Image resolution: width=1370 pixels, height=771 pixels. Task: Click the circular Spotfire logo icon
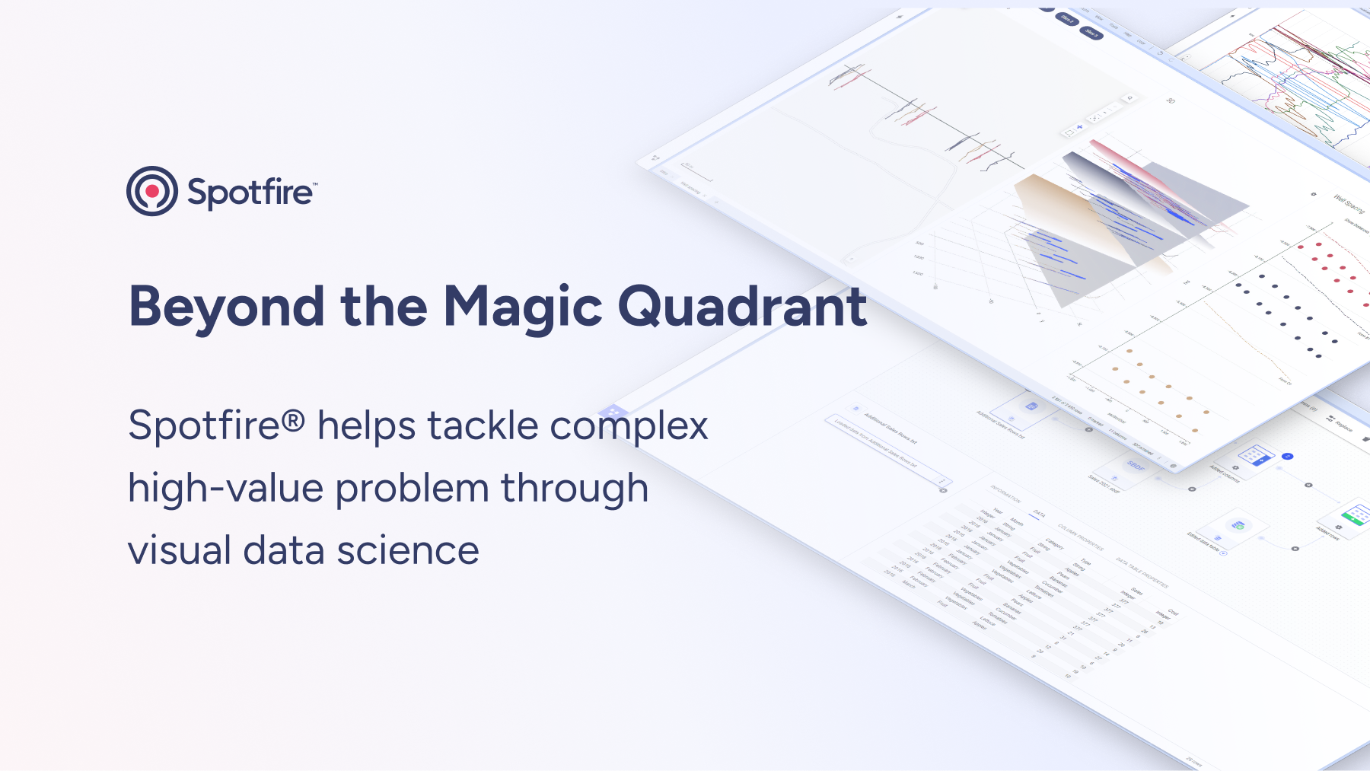coord(152,191)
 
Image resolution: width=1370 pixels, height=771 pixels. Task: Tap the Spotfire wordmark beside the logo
coord(250,193)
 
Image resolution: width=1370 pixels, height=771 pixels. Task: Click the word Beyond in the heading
coord(226,307)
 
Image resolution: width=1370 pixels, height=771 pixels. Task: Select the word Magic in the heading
coord(523,307)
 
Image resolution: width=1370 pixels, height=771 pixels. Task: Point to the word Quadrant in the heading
coord(742,307)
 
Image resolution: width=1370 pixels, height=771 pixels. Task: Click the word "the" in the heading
coord(384,307)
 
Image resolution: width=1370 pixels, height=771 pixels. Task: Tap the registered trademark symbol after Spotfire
coord(294,420)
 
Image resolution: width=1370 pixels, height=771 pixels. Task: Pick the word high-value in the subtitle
coord(225,489)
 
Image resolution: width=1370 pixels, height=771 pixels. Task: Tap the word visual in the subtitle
coord(180,550)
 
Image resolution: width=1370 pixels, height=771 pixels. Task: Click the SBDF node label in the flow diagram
coord(1136,465)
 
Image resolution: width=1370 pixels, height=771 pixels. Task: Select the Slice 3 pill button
coord(1091,33)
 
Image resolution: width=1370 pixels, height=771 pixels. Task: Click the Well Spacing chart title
coord(1349,203)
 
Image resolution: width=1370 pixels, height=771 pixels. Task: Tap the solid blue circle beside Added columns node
coord(1287,456)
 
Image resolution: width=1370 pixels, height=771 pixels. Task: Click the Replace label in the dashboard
coord(1343,425)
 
